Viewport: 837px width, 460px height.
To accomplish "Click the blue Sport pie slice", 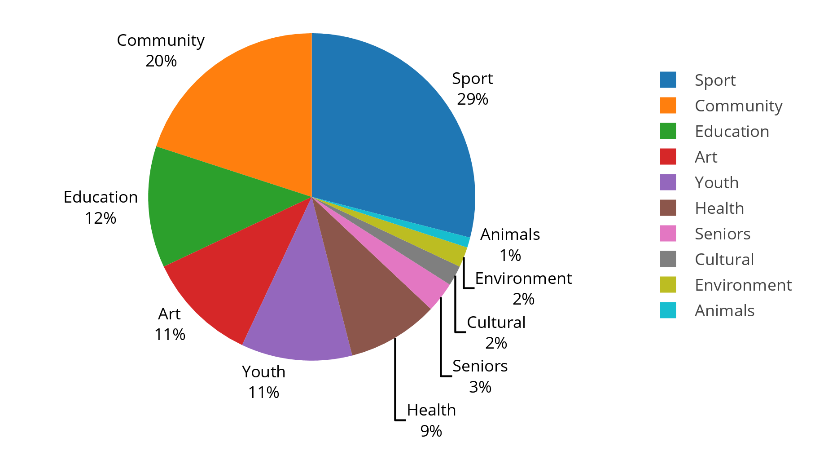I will (395, 135).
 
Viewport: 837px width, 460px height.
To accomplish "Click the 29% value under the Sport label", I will (473, 99).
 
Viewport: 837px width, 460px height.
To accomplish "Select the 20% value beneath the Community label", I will (161, 61).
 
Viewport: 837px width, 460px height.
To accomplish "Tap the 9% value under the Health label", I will (431, 431).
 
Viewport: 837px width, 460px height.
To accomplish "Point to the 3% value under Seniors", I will (480, 387).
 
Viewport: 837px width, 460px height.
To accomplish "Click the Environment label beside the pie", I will (523, 279).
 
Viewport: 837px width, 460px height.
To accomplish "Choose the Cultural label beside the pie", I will (496, 323).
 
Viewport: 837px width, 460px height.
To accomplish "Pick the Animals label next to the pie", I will (510, 234).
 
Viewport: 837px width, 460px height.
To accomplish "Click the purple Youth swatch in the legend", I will (667, 182).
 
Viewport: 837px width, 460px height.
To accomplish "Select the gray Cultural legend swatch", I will (667, 259).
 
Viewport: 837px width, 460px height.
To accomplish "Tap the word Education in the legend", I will (732, 132).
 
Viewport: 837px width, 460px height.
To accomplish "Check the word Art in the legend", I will (706, 157).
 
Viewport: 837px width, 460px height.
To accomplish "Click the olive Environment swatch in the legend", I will (667, 285).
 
